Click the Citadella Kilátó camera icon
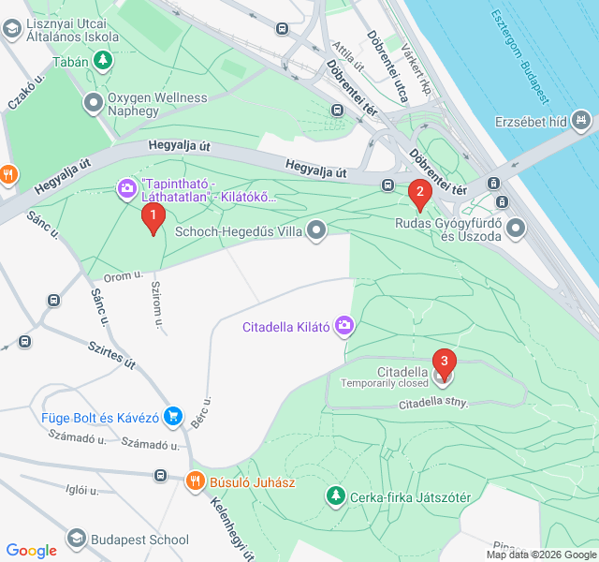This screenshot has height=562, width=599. [344, 326]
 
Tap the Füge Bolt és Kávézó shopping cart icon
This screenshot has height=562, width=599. [172, 415]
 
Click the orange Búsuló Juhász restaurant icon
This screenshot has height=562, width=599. [195, 481]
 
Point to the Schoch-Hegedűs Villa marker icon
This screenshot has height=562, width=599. [318, 229]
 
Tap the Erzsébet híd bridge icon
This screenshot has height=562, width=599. [582, 120]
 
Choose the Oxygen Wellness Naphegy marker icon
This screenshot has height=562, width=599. [94, 102]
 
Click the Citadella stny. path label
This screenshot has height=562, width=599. [432, 404]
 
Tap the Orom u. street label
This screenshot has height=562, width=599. [123, 276]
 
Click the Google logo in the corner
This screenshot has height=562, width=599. [31, 551]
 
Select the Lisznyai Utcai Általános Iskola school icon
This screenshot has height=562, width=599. [11, 29]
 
